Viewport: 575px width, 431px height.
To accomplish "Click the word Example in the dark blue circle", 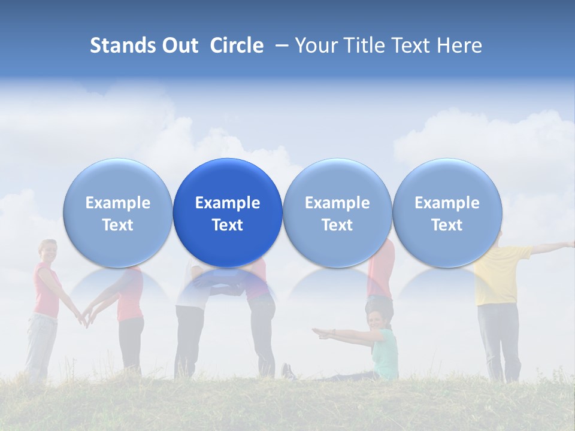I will [x=228, y=203].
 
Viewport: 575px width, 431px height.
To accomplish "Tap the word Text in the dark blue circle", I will [x=228, y=225].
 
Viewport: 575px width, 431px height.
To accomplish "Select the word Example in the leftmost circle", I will [x=118, y=203].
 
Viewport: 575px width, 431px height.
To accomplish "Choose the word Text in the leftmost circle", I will [x=118, y=225].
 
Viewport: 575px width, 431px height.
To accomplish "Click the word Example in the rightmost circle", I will [x=447, y=203].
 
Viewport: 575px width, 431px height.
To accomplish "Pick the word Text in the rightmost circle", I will [x=447, y=225].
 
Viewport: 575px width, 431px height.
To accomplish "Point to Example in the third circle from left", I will [x=337, y=203].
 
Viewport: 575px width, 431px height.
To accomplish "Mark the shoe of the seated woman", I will [x=288, y=372].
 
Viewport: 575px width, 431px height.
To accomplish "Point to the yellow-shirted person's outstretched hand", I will [x=569, y=244].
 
